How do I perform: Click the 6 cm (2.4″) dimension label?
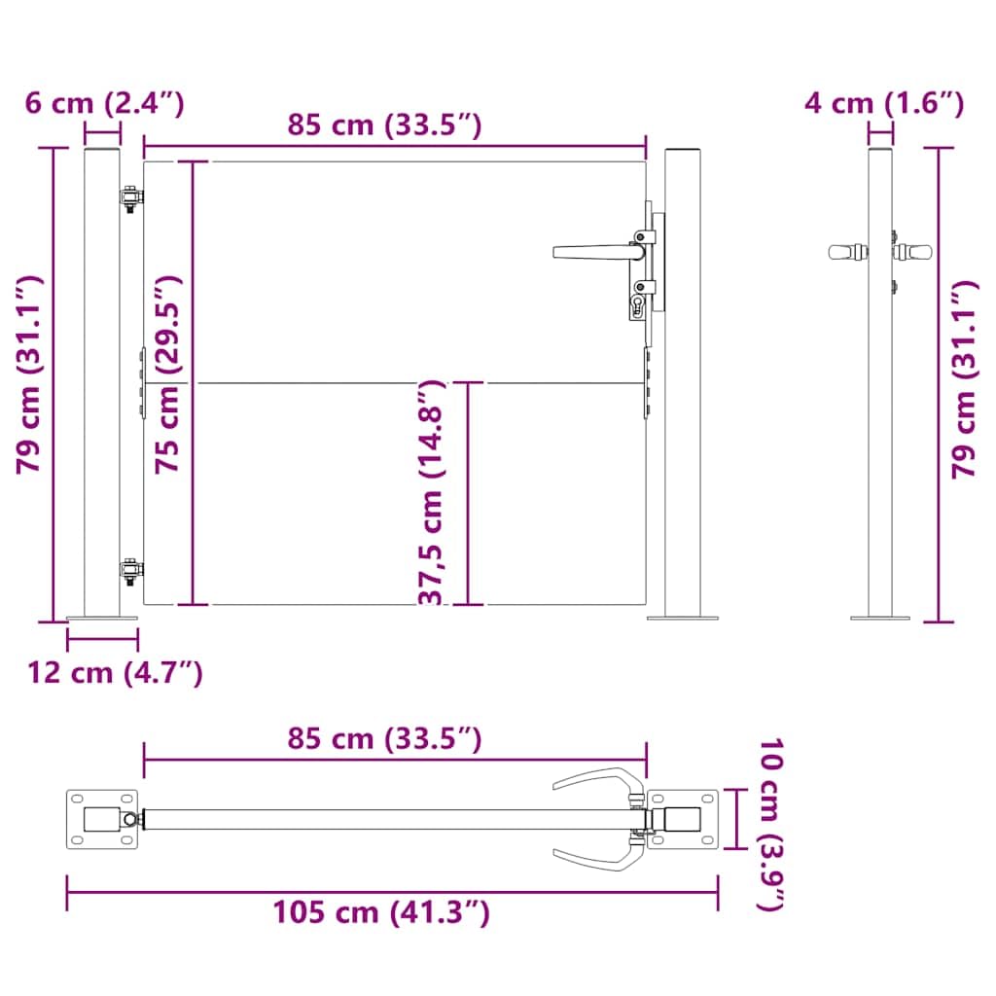(x=105, y=103)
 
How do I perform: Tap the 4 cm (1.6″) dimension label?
(x=884, y=103)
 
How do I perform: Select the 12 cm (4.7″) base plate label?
(x=115, y=672)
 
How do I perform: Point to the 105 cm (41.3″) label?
(x=381, y=912)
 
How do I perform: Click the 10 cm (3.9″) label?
(x=771, y=824)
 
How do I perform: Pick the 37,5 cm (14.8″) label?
(x=432, y=492)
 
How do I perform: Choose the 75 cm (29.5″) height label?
(x=169, y=374)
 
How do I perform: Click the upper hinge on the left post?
(x=131, y=198)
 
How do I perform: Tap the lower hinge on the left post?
(x=131, y=572)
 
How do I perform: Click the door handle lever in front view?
(x=597, y=252)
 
